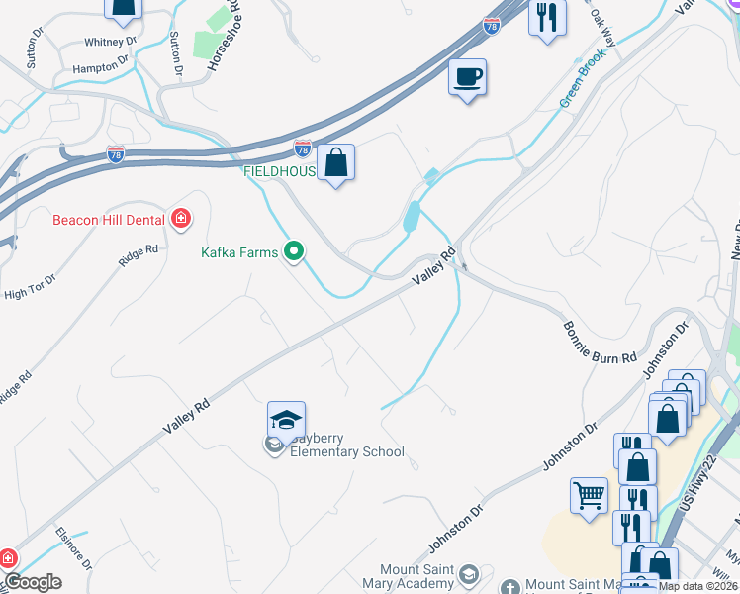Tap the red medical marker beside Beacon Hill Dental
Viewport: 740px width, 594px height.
181,219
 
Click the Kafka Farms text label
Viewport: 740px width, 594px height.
239,252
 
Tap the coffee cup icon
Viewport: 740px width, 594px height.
467,76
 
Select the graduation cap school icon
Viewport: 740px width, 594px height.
286,420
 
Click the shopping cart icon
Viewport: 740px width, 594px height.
589,495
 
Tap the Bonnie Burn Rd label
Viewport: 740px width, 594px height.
600,344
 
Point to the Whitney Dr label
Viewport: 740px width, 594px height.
110,42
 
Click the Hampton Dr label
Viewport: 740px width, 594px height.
101,66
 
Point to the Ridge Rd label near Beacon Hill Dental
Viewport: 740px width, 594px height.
139,255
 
